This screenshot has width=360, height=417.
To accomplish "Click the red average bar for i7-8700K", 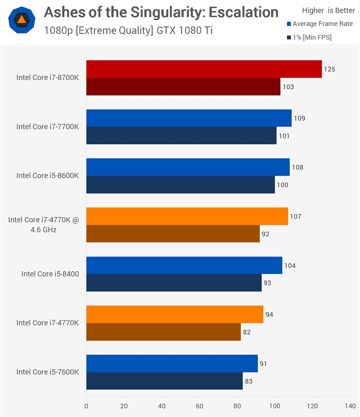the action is (x=204, y=69).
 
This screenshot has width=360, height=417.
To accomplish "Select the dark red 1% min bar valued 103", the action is (x=183, y=86).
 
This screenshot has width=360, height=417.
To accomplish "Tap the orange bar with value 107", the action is (x=187, y=216).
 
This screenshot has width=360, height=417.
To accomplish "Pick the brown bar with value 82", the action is (x=164, y=332).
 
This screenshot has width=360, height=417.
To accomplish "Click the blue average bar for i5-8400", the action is (x=184, y=265).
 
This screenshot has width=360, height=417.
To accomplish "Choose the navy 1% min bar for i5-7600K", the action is (x=164, y=381).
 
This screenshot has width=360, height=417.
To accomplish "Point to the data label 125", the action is (x=329, y=69).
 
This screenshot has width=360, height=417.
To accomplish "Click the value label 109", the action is (x=299, y=118).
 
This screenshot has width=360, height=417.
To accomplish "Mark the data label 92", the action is (x=265, y=234).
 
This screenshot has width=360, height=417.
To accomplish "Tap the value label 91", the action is (x=263, y=363).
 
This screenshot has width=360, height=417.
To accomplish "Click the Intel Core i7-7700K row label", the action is (x=48, y=126).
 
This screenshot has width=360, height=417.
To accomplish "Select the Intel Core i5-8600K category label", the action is (x=48, y=175).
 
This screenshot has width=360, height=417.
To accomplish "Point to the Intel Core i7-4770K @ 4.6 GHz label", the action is (x=44, y=224).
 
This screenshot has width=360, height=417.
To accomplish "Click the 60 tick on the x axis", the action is (x=199, y=406).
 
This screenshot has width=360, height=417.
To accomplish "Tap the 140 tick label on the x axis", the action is (x=350, y=406).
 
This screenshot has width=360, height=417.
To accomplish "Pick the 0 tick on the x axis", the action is (x=86, y=406).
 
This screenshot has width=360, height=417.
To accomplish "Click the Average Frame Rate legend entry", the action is (x=320, y=24).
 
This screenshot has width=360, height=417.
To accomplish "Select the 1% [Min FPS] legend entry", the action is (x=309, y=37).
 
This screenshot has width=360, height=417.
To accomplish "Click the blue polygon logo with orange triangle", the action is (x=22, y=20).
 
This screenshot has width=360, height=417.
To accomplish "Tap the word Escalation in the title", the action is (x=243, y=12).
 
